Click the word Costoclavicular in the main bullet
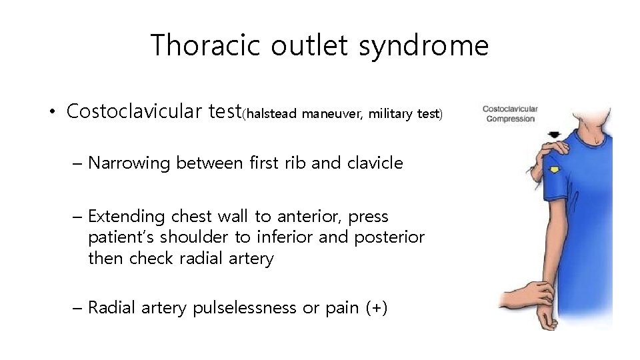tap(133, 111)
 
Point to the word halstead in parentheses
tap(272, 114)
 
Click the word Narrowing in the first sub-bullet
tap(129, 163)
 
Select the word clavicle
tap(375, 163)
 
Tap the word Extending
tap(126, 217)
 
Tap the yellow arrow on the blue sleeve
tap(553, 169)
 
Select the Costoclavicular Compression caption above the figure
tap(509, 113)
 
